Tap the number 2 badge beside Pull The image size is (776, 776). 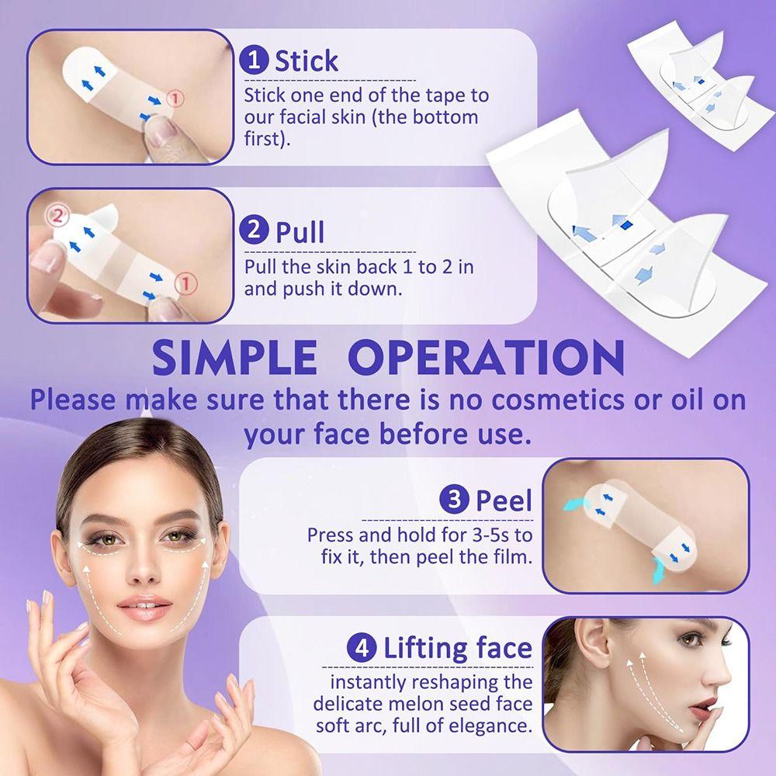[x=255, y=230]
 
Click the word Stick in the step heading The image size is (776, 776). [x=307, y=61]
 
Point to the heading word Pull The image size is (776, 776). [x=300, y=231]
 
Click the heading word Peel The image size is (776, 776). [x=504, y=501]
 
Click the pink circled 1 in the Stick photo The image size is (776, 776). [x=177, y=99]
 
